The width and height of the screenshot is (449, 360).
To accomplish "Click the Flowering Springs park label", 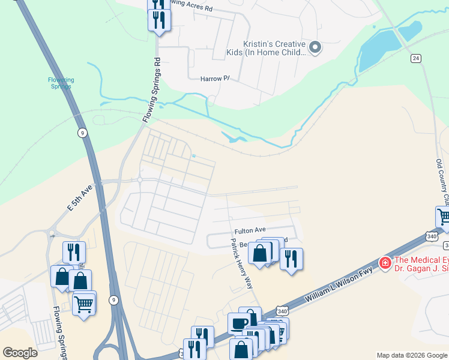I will point(61,83).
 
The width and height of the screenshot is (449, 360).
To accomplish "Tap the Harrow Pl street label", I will point(215,79).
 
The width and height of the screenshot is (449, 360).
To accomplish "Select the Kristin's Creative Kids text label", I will point(274,48).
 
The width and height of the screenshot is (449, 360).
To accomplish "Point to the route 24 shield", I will point(415,58).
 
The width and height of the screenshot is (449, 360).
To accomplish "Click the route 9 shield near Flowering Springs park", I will point(82,133).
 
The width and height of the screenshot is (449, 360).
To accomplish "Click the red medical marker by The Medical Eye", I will point(385,263).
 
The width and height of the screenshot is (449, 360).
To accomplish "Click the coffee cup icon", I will point(239,324).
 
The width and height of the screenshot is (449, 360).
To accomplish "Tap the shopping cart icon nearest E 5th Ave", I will point(83,304).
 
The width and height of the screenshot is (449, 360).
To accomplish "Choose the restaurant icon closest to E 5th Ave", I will point(74,252).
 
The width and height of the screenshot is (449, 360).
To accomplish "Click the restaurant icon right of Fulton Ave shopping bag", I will point(291,259).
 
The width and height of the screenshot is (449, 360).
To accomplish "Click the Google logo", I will point(20,353).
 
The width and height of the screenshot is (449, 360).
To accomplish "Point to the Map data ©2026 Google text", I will point(411,355).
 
